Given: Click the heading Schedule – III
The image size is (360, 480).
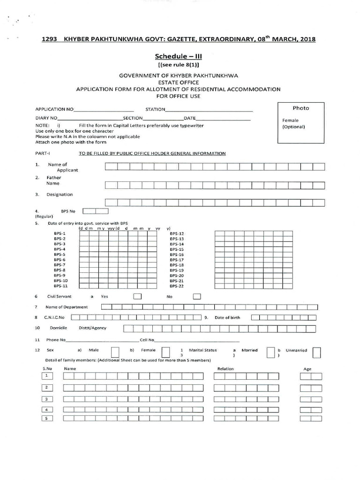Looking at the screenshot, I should [180, 56].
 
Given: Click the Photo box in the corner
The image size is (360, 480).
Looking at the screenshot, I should [300, 123].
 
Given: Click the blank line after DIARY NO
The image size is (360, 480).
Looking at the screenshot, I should [90, 119].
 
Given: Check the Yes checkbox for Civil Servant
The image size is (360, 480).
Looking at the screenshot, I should [137, 296].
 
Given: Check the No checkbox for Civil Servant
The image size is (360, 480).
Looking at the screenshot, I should [197, 296].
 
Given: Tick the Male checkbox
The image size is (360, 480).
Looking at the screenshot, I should [115, 352].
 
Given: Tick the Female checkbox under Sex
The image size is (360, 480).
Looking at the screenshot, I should [165, 352].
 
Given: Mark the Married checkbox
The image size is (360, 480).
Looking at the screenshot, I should [270, 352].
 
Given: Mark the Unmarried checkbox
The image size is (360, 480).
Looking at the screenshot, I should [317, 352].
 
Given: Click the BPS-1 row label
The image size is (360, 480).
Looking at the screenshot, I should [60, 233].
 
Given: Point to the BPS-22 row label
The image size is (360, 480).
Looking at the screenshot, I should [177, 286].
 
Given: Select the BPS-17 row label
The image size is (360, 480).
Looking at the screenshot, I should [177, 260].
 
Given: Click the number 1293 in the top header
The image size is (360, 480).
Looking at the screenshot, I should [49, 39].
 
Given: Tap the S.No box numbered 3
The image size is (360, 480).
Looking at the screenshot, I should [47, 399].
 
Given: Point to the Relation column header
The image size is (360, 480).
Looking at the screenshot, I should [225, 369].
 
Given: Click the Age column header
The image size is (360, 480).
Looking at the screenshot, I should [307, 369].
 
